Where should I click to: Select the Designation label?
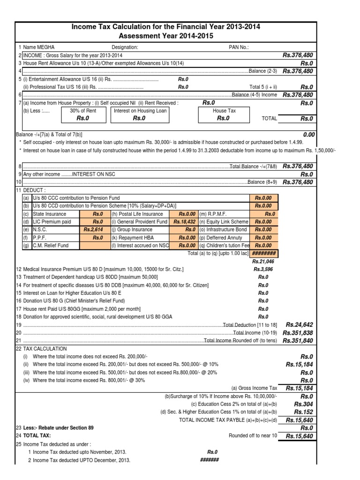click(125, 47)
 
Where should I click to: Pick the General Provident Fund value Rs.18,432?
click(184, 222)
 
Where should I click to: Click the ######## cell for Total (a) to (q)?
click(264, 253)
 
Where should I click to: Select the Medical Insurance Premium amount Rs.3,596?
click(262, 270)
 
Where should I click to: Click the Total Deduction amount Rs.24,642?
click(299, 324)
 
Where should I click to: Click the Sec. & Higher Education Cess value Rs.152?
click(304, 412)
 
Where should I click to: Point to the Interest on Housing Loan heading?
click(139, 111)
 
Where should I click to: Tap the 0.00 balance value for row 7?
click(308, 135)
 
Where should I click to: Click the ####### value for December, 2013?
click(210, 460)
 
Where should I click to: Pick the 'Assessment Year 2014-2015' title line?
click(165, 36)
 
